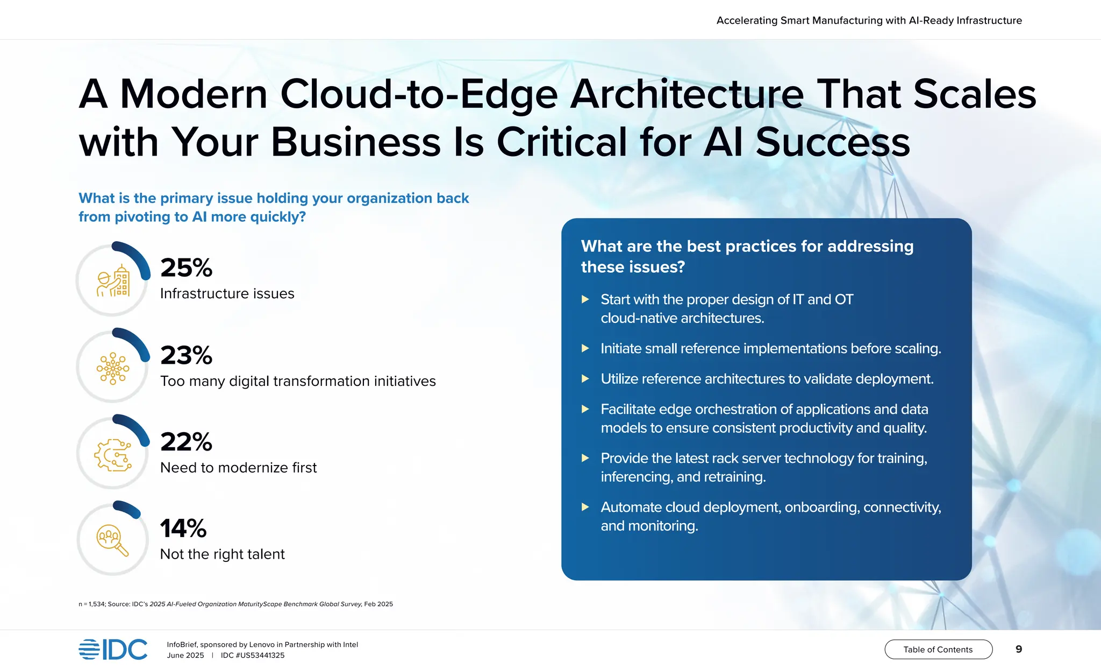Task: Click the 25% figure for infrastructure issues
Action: coord(186,267)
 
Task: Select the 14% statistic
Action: coord(183,529)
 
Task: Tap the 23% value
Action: coord(186,355)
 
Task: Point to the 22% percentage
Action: coord(186,442)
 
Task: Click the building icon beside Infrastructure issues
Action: coord(113,281)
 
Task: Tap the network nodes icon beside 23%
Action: coord(113,368)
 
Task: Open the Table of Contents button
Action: coord(938,649)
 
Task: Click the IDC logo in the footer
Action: coord(113,649)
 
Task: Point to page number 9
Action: coord(1018,649)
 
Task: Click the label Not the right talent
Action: coord(222,554)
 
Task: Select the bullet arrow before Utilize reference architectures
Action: coord(585,379)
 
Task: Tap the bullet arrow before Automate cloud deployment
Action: coord(585,507)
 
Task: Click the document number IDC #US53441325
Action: coord(252,655)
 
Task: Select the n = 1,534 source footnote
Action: coord(235,604)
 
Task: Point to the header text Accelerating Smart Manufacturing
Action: coord(869,20)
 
